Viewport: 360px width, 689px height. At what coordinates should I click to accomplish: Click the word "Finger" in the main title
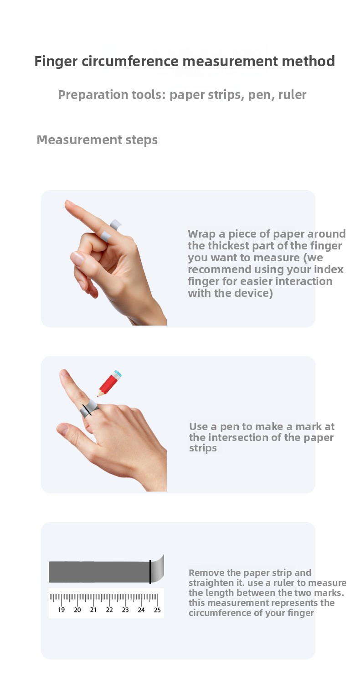click(x=56, y=62)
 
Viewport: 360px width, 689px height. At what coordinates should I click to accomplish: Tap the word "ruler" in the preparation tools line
click(x=292, y=95)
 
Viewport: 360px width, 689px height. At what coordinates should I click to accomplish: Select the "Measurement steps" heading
click(x=97, y=140)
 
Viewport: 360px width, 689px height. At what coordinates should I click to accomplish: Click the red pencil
click(x=109, y=383)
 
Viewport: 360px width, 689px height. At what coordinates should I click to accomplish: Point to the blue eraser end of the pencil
click(x=118, y=374)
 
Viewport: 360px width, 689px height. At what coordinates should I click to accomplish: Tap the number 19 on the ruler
click(x=61, y=610)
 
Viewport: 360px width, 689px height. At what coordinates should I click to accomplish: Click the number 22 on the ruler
click(x=109, y=610)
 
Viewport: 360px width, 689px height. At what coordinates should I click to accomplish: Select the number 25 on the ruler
click(x=157, y=610)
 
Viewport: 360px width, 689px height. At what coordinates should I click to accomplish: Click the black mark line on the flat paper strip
click(x=150, y=571)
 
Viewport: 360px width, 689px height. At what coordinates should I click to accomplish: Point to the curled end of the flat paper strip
click(x=157, y=569)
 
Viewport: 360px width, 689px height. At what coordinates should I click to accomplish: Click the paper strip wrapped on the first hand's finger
click(x=111, y=230)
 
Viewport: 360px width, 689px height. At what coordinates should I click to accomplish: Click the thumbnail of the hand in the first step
click(x=77, y=258)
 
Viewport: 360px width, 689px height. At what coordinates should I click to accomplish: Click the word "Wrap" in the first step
click(x=202, y=234)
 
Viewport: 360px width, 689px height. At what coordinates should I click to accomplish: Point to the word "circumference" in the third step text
click(x=219, y=613)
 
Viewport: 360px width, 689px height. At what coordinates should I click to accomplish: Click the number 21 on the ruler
click(x=93, y=610)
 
